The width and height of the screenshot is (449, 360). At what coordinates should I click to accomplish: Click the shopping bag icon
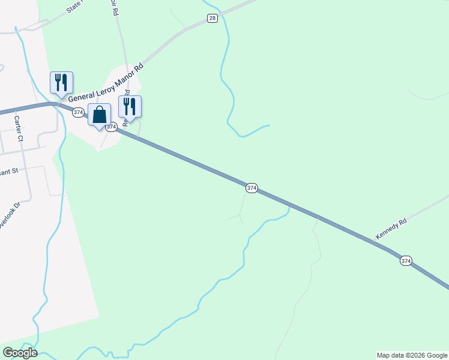[x=100, y=115]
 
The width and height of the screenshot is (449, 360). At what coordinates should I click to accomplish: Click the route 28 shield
[x=212, y=19]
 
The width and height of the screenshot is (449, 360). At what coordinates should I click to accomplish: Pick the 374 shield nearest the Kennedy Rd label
[x=406, y=261]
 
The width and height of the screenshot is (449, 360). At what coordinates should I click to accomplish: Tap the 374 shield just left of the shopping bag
[x=78, y=112]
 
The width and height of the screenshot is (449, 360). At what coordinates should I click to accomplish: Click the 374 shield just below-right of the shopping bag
[x=111, y=127]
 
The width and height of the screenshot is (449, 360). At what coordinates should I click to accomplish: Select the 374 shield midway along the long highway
[x=252, y=188]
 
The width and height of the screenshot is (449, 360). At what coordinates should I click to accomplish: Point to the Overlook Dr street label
[x=9, y=215]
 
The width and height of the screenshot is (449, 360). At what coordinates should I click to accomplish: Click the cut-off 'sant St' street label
[x=10, y=171]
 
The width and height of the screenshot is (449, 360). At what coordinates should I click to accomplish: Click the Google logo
[x=20, y=353]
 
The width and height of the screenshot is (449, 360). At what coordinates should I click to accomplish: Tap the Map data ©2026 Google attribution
[x=412, y=355]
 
